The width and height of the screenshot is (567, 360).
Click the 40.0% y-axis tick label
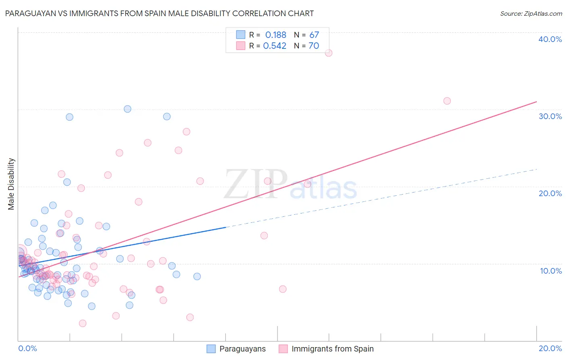click(550, 39)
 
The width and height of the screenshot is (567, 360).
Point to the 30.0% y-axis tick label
click(550, 116)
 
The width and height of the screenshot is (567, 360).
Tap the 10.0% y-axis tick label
click(551, 271)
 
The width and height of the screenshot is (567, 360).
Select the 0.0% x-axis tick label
click(27, 348)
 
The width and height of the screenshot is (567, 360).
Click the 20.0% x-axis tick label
click(550, 348)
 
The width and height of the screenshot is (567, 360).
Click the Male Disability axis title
click(11, 184)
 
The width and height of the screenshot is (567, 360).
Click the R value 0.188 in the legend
click(275, 35)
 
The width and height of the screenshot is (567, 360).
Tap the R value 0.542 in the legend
click(275, 46)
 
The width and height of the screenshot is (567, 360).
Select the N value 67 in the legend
click(314, 35)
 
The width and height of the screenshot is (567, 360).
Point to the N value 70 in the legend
click(314, 46)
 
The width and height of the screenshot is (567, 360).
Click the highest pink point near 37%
click(329, 53)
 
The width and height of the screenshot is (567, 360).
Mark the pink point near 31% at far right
click(447, 101)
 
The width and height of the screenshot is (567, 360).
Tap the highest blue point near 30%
click(127, 109)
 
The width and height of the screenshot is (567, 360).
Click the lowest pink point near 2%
click(83, 323)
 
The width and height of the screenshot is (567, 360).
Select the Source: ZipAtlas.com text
click(531, 13)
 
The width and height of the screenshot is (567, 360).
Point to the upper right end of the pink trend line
click(536, 101)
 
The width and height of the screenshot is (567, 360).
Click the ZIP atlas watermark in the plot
click(290, 184)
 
